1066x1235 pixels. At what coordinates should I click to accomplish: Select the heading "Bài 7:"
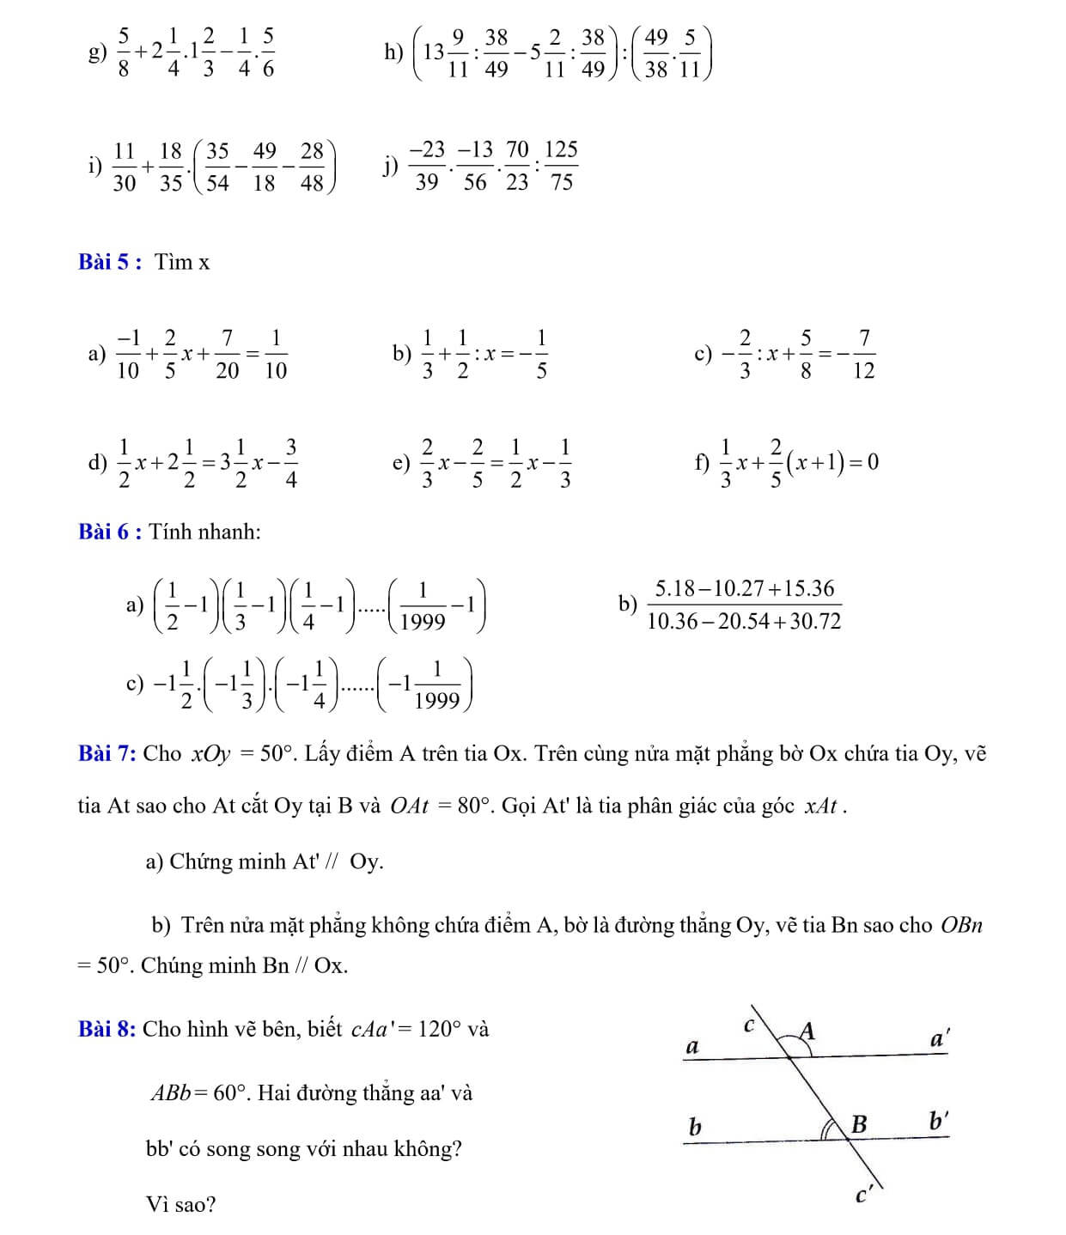tap(107, 754)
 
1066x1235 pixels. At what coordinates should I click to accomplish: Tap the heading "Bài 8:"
tap(107, 1029)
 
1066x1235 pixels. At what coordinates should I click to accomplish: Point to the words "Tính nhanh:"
tap(204, 532)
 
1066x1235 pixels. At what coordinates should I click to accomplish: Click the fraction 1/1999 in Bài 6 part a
tap(423, 605)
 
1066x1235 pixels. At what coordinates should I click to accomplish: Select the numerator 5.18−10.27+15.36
tap(744, 588)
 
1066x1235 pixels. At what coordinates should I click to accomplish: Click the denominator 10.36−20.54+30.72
tap(744, 621)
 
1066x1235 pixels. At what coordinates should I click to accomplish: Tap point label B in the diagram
tap(858, 1123)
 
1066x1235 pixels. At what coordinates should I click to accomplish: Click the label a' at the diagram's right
tap(940, 1039)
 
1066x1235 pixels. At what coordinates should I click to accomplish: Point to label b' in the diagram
tap(938, 1121)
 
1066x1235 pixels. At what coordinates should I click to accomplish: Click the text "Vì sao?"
tap(181, 1204)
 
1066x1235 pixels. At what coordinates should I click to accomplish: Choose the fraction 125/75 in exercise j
tap(561, 166)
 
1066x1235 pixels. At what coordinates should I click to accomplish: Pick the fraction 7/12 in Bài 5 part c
tap(863, 354)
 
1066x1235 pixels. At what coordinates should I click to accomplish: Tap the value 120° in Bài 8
tap(440, 1029)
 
